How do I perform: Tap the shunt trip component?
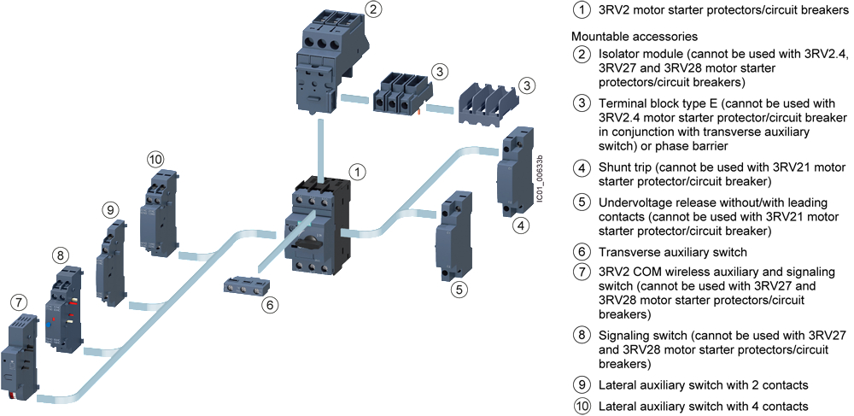(513, 172)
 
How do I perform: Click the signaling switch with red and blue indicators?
(66, 308)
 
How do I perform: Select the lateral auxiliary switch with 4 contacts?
(160, 213)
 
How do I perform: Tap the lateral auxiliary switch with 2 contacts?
(111, 261)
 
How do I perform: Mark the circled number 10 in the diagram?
(155, 160)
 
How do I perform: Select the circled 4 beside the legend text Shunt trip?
(582, 167)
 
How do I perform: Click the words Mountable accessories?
(634, 37)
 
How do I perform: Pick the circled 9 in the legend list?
(582, 384)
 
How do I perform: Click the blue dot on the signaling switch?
(50, 324)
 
